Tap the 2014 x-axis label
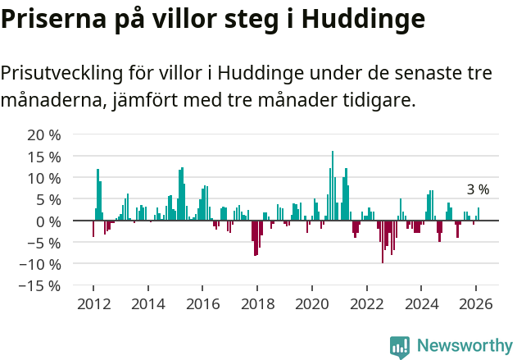click(x=147, y=303)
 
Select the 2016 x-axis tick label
click(x=202, y=303)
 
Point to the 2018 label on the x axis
click(x=256, y=303)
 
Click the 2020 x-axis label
click(x=311, y=303)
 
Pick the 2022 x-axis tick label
click(x=366, y=303)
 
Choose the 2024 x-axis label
click(x=421, y=303)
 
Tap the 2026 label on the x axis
click(x=475, y=303)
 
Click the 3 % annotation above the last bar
click(x=478, y=189)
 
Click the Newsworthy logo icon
click(x=400, y=346)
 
